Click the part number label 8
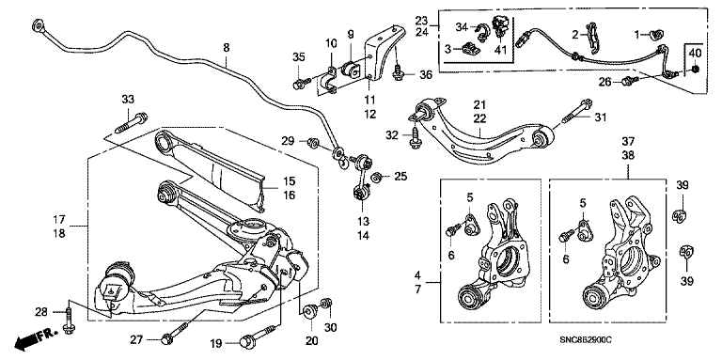tap(226, 47)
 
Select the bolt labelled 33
tap(131, 121)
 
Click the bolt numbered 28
tap(69, 321)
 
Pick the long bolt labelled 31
tap(577, 111)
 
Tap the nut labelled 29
tap(313, 143)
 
